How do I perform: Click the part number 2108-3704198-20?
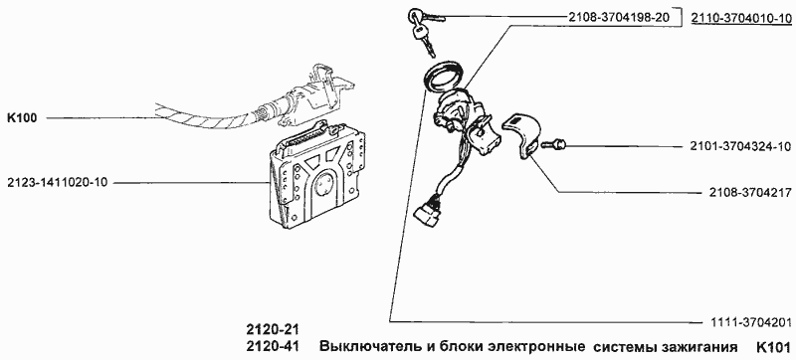click(605, 18)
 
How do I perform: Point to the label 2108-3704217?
click(744, 191)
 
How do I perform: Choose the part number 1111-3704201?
click(744, 321)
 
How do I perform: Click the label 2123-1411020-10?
click(63, 182)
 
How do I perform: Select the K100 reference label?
click(21, 117)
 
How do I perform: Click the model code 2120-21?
click(272, 328)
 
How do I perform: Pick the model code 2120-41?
click(272, 347)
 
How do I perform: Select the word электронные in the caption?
click(531, 347)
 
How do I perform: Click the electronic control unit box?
click(316, 179)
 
